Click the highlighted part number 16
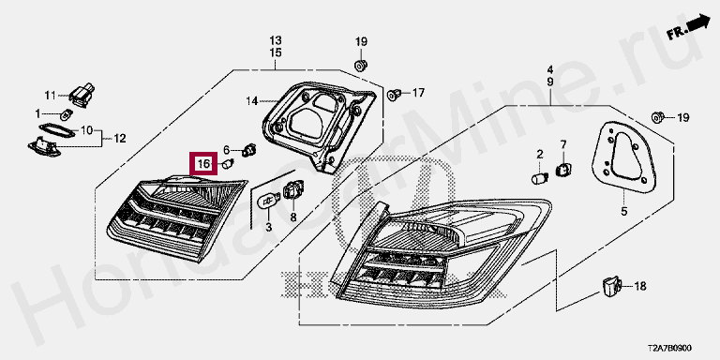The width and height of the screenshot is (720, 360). point(203,163)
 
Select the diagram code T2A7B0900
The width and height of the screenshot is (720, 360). point(670,349)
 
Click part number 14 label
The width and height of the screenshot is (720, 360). point(252,100)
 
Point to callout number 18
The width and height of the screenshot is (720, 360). point(640,287)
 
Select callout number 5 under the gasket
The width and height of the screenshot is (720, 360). point(624,212)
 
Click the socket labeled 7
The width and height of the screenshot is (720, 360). point(562,170)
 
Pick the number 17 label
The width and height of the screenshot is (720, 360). point(418,93)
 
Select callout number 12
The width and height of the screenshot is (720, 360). point(119,138)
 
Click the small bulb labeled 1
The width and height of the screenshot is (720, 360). point(67,113)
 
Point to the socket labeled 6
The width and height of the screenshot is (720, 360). point(249,150)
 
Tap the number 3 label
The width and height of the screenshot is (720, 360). point(269,226)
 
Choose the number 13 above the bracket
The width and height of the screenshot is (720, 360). point(276,40)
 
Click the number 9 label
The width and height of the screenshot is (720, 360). point(550,82)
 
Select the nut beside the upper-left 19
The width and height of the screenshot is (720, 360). point(361,65)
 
